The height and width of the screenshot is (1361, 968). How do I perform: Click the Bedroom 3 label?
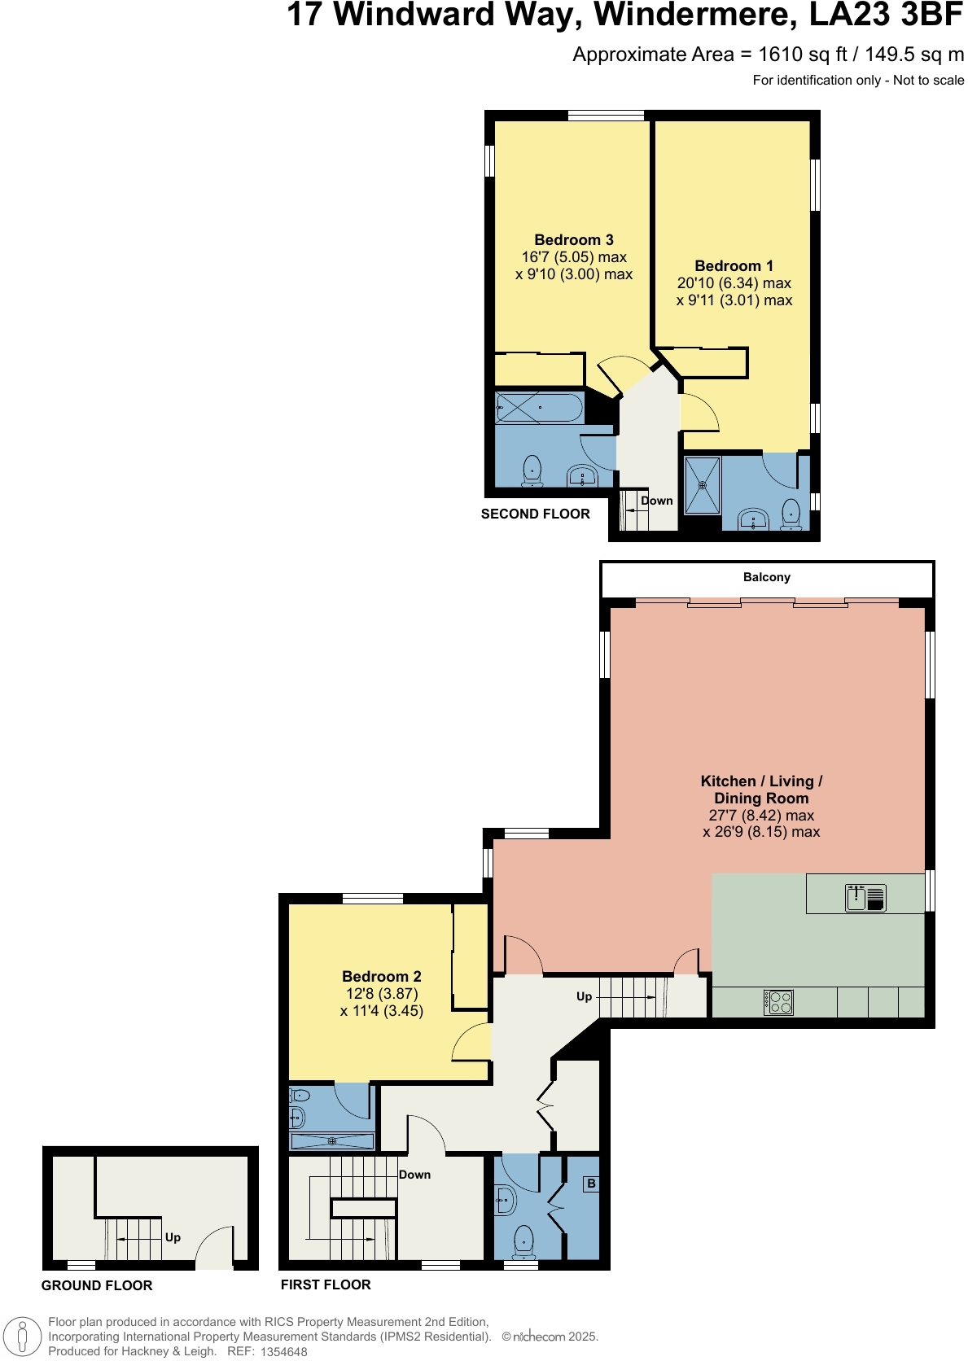(573, 239)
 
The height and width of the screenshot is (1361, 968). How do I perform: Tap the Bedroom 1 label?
(734, 265)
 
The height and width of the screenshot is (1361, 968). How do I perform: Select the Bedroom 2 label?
(381, 976)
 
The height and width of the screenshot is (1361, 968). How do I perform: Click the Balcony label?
(766, 577)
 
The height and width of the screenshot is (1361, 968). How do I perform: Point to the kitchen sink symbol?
(865, 897)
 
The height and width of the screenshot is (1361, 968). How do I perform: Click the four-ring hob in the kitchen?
(778, 1001)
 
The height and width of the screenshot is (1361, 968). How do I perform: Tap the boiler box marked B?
(591, 1184)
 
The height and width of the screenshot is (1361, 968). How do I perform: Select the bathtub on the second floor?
(539, 407)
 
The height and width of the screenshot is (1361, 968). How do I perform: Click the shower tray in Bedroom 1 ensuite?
(702, 485)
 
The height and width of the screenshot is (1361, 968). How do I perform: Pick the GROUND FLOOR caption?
(97, 1285)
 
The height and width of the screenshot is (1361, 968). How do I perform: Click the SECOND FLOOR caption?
(535, 514)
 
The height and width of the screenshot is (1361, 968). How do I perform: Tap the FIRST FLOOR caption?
(326, 1284)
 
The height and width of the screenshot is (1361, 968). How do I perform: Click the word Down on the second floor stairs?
(656, 501)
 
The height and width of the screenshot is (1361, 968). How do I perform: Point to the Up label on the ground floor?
(173, 1237)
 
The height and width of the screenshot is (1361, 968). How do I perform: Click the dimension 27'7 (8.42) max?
(760, 815)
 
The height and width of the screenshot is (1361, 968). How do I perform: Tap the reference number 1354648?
(283, 1352)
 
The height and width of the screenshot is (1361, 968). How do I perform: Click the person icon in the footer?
(23, 1337)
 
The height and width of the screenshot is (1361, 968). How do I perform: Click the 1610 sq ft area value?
(802, 55)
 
